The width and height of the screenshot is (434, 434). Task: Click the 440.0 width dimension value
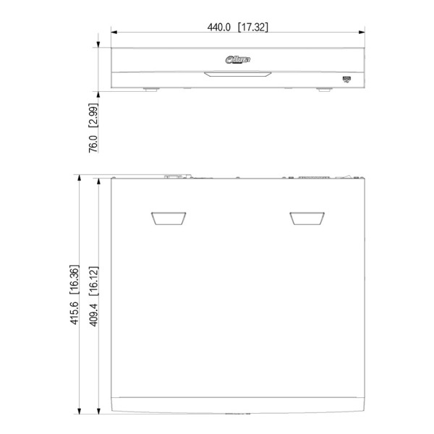pos(218,27)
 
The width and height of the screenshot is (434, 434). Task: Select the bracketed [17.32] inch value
pos(253,27)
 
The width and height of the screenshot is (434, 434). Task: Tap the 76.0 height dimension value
pos(93,144)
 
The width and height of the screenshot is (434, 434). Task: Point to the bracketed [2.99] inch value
pos(93,116)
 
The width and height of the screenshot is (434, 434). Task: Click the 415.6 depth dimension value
pos(75,313)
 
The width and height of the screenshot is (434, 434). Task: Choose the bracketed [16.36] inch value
pos(75,279)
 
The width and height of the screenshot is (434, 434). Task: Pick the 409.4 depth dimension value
pos(93,315)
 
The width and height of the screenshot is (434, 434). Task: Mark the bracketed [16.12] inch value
pos(93,281)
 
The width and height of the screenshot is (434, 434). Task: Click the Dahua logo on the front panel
pos(238,59)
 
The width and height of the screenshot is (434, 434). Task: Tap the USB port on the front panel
pos(346,79)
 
